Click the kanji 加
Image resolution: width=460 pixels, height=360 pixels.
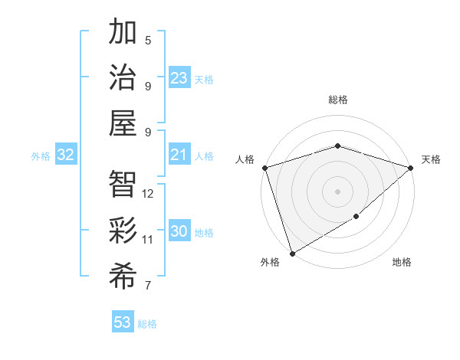point(123,34)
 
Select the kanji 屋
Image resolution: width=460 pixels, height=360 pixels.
point(123,123)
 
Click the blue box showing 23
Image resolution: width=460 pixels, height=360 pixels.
point(179,78)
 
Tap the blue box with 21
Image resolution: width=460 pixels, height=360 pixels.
point(179,155)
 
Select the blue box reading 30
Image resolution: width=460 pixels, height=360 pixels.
point(179,231)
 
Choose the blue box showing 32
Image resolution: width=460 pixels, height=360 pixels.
point(66,155)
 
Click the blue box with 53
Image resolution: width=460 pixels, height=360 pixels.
point(123,322)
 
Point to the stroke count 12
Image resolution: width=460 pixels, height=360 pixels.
point(149,194)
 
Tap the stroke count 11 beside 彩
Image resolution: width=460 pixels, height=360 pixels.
point(148,240)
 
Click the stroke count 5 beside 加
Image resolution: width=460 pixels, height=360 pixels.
point(148,41)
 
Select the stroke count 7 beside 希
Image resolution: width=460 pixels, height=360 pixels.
point(148,286)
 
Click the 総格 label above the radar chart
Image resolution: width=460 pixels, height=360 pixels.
point(337,100)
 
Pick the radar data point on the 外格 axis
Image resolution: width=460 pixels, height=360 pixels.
point(292,254)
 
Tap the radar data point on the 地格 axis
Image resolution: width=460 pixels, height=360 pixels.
point(356,218)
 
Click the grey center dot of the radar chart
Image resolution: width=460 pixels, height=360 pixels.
point(337,191)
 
